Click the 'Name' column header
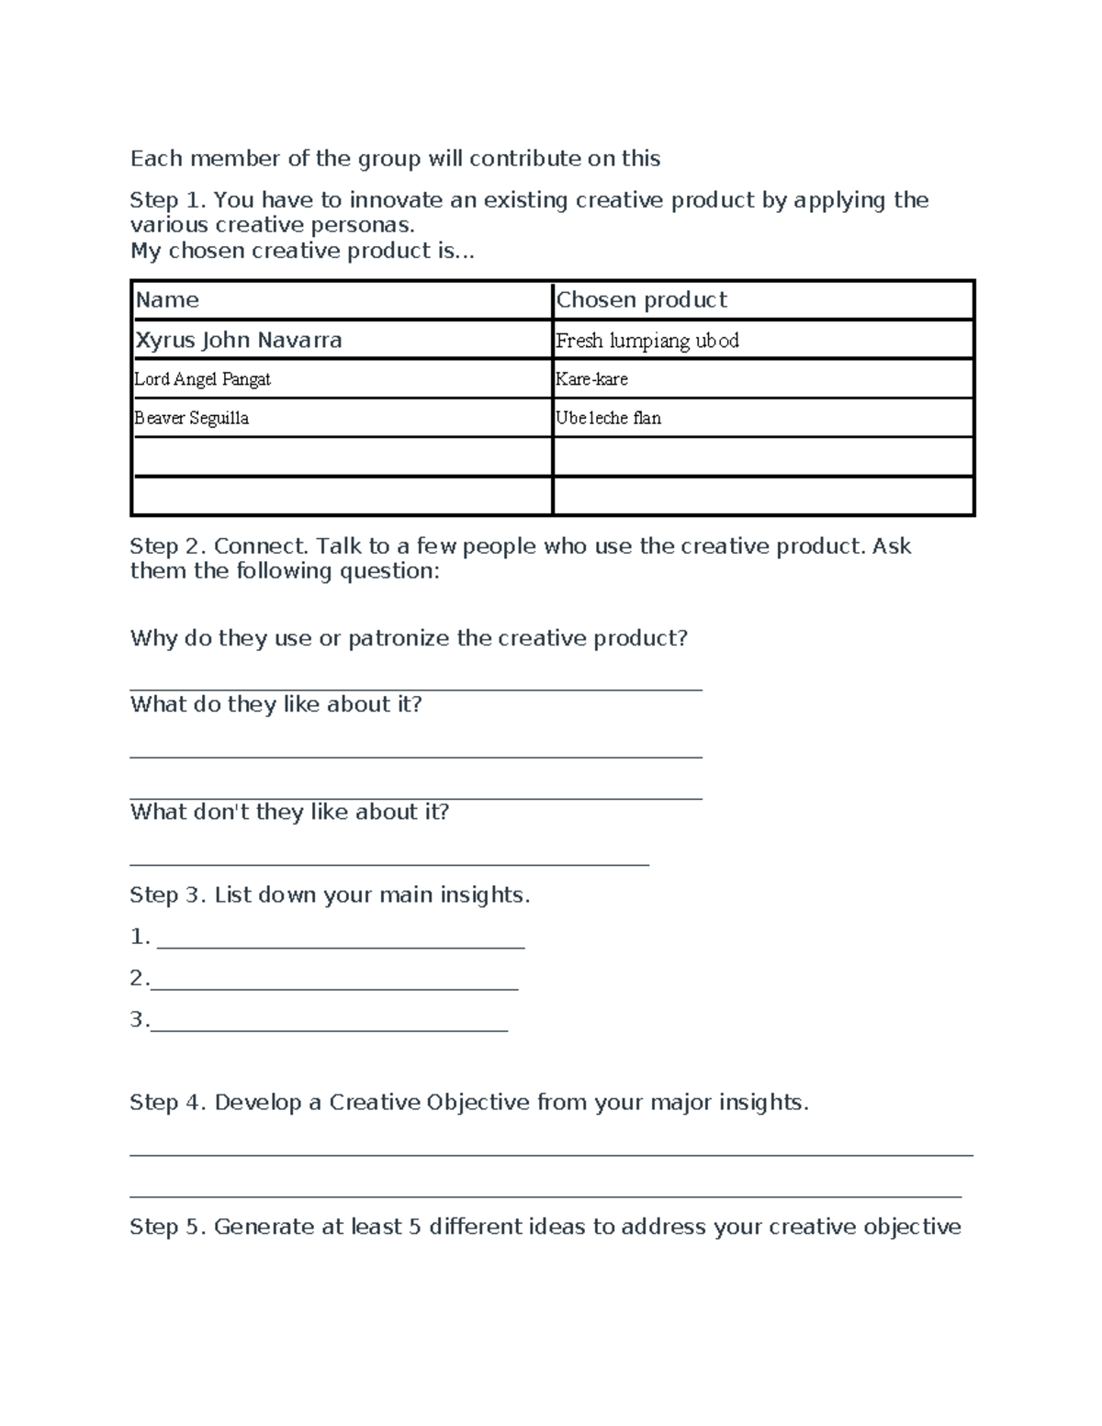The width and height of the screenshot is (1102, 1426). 167,300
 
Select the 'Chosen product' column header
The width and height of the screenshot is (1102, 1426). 641,300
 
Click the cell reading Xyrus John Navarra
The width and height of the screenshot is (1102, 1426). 239,341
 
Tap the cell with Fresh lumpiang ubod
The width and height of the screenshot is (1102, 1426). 647,341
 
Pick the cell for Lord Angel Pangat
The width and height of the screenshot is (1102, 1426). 203,379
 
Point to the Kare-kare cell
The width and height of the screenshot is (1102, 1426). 592,379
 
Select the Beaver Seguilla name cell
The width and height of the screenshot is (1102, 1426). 192,418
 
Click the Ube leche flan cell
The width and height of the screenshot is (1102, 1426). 608,418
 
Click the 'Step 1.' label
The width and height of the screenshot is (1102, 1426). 168,200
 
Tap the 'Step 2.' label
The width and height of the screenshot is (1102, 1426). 168,546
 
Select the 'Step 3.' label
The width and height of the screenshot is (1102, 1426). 168,895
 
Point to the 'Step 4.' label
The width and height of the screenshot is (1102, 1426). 168,1103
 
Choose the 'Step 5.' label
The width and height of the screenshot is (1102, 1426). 168,1228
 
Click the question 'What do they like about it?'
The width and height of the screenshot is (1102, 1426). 276,705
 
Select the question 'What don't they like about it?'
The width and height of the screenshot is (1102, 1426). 289,813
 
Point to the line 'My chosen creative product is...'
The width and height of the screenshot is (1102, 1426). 302,252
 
